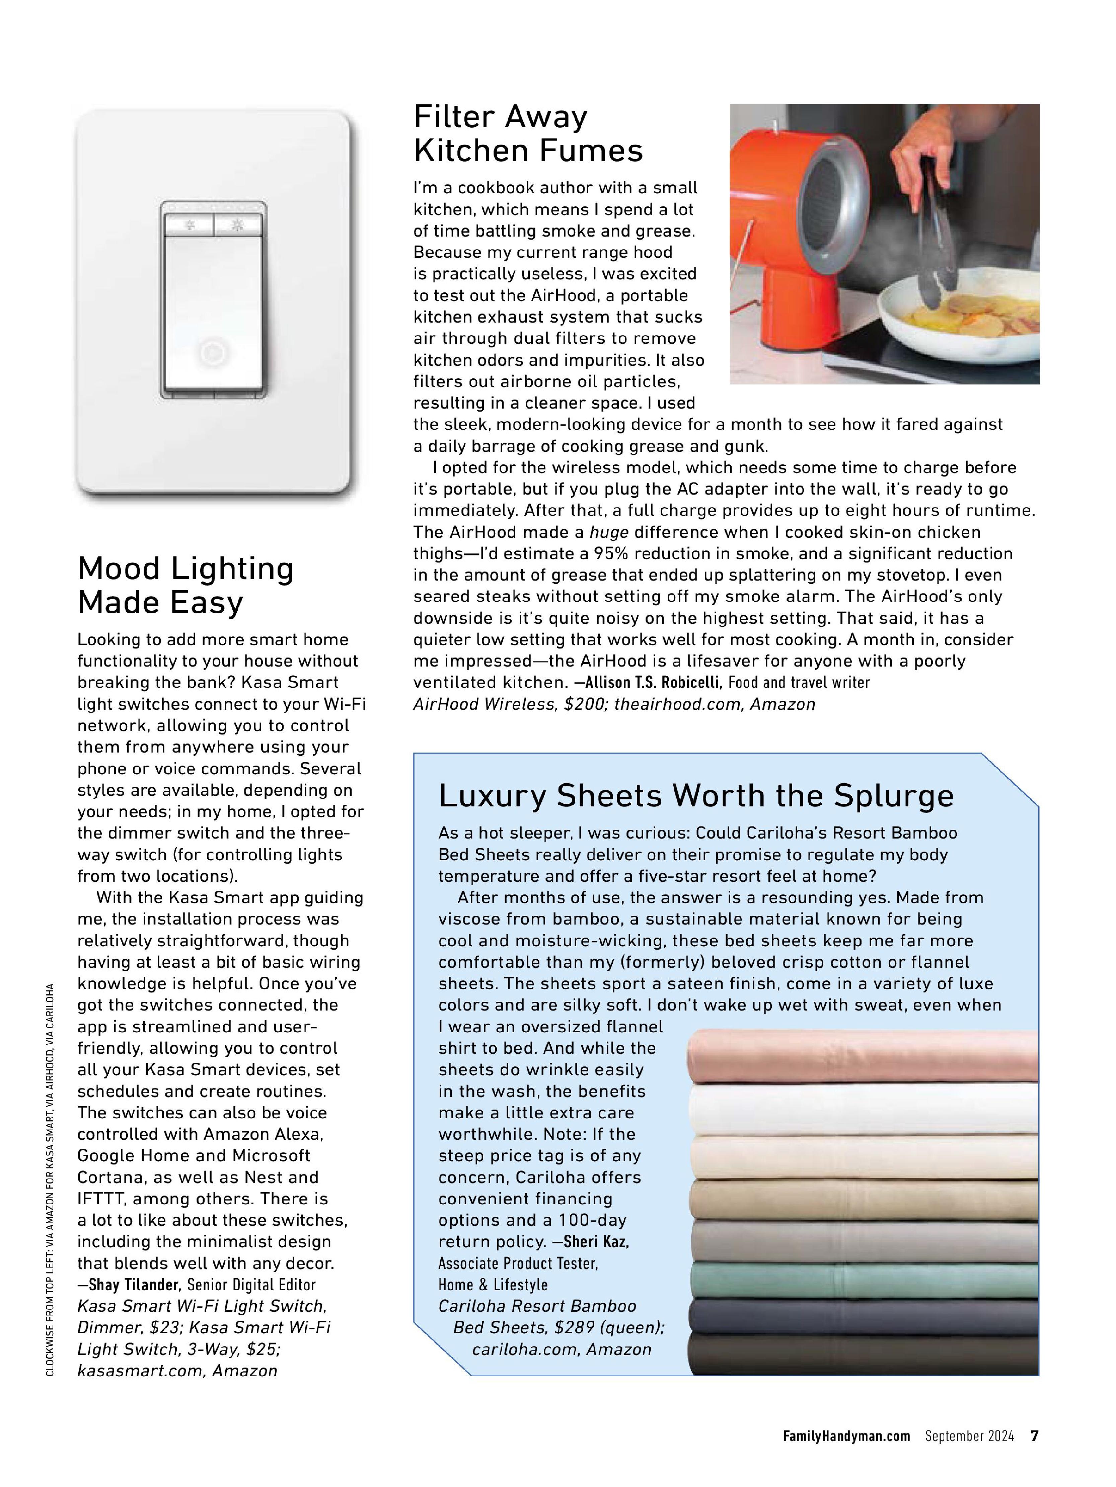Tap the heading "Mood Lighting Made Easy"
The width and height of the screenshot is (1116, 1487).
tap(185, 585)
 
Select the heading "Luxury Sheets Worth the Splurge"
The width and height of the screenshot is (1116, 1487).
tap(695, 796)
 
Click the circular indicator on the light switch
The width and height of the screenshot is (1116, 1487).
tap(213, 352)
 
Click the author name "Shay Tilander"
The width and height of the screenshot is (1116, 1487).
tap(135, 1285)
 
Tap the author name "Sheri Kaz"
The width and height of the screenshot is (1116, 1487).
tap(596, 1242)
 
